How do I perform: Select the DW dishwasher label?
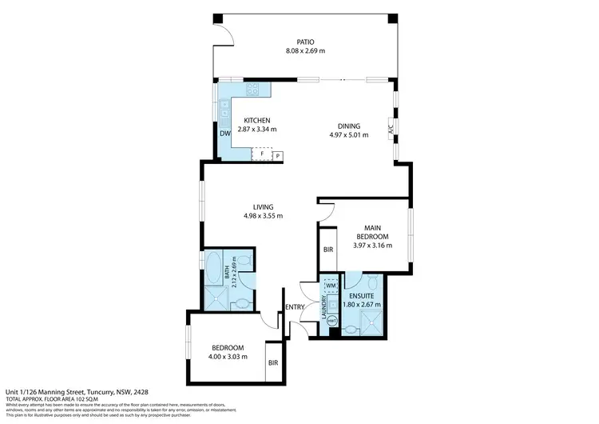click(x=225, y=134)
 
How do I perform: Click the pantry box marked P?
click(x=278, y=154)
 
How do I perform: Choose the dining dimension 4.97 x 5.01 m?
click(x=348, y=135)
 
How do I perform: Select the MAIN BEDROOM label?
click(x=371, y=232)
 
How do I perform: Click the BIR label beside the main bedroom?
click(x=328, y=250)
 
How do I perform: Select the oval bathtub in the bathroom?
click(x=213, y=269)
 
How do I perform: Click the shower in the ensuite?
click(x=370, y=322)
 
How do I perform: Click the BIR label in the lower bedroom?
click(x=274, y=362)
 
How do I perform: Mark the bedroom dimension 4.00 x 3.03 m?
click(x=228, y=356)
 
